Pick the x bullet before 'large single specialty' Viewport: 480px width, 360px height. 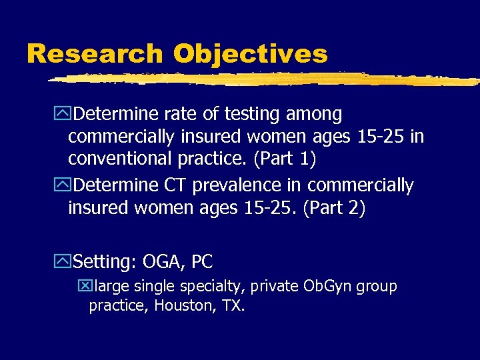coord(84,287)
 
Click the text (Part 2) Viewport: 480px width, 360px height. coord(334,208)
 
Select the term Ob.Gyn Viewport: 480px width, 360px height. coord(327,287)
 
